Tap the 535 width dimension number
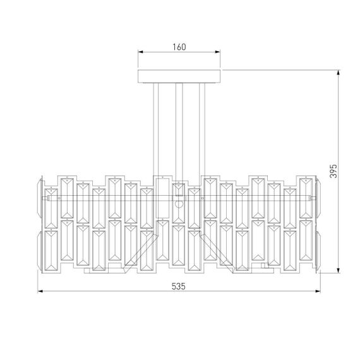[178, 285]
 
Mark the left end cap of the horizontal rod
[44, 198]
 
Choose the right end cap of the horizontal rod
[314, 198]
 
